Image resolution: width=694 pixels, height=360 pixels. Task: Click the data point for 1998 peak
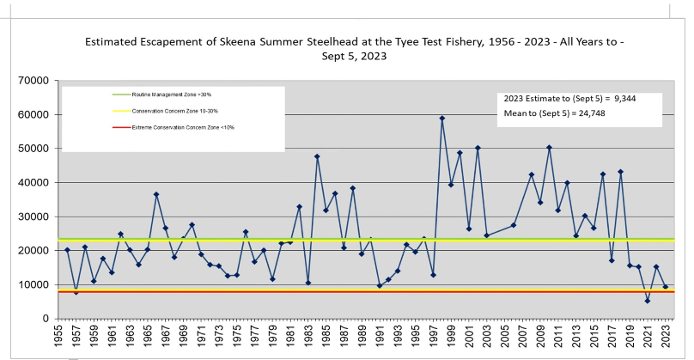442,119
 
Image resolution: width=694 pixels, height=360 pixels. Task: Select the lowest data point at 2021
647,301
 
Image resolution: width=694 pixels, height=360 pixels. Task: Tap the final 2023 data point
666,287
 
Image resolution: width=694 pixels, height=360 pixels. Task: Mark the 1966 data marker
156,194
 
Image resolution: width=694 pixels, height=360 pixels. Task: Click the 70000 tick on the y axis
35,81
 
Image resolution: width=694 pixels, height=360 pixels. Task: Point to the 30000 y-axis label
35,217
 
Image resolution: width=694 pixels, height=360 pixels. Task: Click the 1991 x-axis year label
380,339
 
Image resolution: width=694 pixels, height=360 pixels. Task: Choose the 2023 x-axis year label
666,339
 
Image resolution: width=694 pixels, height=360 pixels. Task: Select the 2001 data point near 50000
478,148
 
